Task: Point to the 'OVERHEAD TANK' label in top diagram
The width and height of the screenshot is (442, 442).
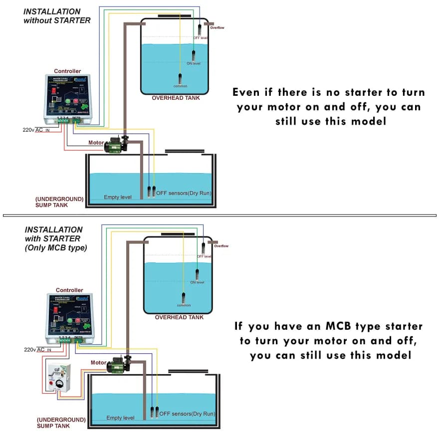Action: coord(176,98)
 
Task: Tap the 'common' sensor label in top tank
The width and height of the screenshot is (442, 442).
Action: coord(180,86)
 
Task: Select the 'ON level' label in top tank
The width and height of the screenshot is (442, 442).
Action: coord(194,63)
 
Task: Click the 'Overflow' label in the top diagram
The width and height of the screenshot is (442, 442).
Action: coord(217,28)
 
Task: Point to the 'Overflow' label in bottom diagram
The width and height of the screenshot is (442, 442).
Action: coord(221,246)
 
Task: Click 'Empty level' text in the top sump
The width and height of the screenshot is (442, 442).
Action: coord(118,197)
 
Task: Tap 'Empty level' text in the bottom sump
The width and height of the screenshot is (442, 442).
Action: coord(120,418)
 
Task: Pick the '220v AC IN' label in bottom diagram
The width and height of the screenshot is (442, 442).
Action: coord(37,350)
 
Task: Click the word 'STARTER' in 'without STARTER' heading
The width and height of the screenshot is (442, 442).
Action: coord(72,20)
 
